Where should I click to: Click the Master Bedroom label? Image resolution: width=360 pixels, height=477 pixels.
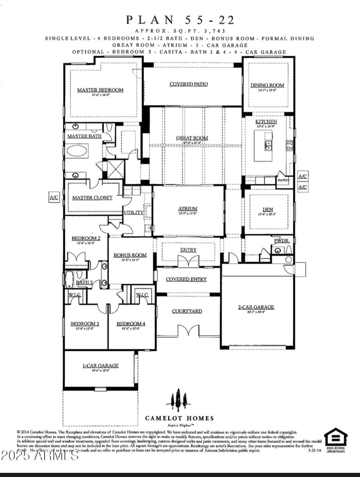(100, 90)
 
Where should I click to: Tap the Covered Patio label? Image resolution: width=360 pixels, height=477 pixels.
(188, 84)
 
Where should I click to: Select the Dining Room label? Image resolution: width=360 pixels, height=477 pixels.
(267, 85)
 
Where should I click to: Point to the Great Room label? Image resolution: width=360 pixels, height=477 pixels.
(192, 138)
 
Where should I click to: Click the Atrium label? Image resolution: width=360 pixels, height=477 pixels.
(188, 209)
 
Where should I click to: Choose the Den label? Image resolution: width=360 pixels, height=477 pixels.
(268, 209)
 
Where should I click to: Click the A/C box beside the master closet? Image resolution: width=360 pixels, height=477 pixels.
(54, 197)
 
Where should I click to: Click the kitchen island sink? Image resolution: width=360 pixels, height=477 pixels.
(268, 145)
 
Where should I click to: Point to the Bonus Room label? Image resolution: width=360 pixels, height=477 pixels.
(130, 255)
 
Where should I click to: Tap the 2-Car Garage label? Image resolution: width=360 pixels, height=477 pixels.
(256, 308)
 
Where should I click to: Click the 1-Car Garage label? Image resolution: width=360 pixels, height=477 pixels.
(100, 366)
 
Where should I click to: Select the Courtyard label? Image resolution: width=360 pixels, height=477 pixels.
(187, 311)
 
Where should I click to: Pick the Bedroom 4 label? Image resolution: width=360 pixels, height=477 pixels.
(131, 324)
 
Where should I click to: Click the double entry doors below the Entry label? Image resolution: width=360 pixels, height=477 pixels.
(188, 261)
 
